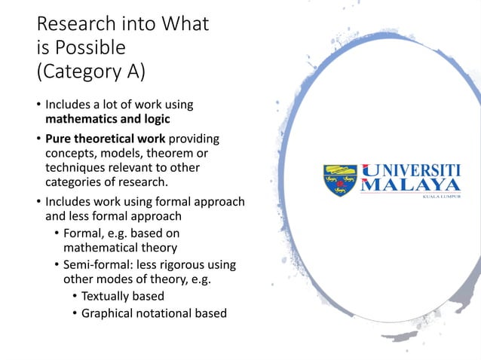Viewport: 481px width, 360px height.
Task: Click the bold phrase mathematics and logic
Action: pos(107,118)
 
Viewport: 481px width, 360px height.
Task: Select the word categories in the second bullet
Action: pos(78,181)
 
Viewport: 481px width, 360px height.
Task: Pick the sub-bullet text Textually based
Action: pos(122,296)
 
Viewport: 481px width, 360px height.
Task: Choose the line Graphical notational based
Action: pos(154,313)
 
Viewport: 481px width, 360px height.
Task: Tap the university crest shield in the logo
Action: pos(340,181)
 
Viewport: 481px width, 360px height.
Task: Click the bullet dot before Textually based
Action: pos(75,297)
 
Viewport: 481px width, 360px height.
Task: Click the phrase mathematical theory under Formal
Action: pos(120,247)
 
